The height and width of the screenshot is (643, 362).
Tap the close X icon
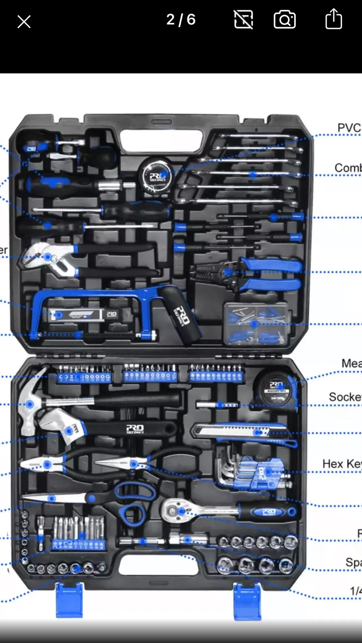(x=24, y=22)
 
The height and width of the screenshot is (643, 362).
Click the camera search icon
(x=284, y=19)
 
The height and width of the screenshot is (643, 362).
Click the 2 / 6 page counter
(x=181, y=20)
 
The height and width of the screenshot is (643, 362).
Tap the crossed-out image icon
(x=243, y=19)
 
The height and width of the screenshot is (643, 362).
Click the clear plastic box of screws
(x=255, y=323)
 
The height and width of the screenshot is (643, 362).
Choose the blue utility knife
(x=245, y=432)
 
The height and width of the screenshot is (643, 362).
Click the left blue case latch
(x=69, y=600)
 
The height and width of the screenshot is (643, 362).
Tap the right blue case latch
(x=247, y=601)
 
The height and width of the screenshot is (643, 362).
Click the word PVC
(x=349, y=128)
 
